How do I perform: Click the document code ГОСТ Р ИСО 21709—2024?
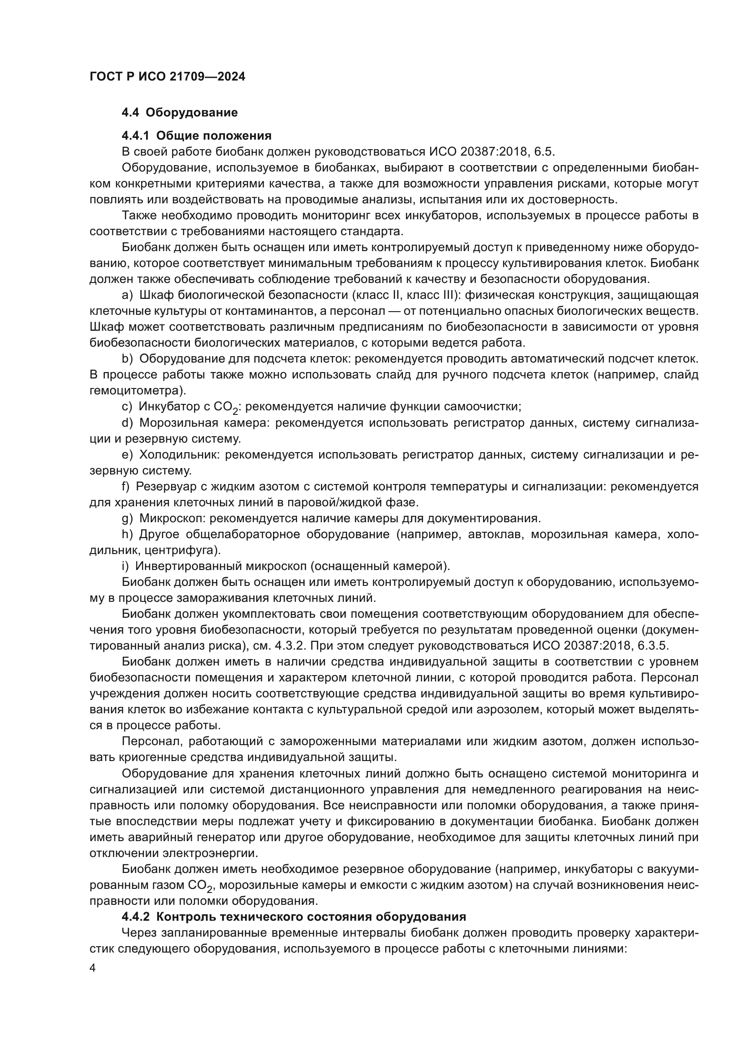tap(167, 77)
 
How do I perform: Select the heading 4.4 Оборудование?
tap(179, 113)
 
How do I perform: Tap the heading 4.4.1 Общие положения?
tap(196, 136)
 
